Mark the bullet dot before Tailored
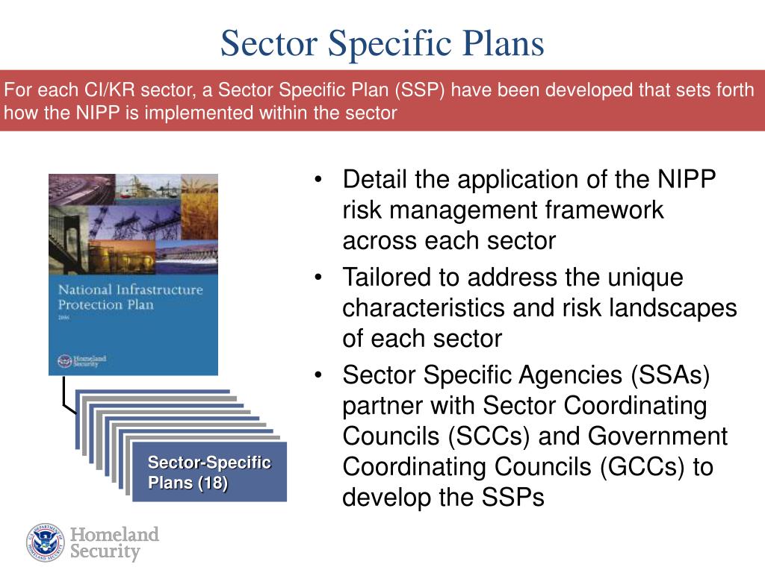pyautogui.click(x=319, y=278)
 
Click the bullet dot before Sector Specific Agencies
pyautogui.click(x=319, y=376)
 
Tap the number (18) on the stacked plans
pyautogui.click(x=213, y=483)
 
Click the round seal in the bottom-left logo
pyautogui.click(x=46, y=542)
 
